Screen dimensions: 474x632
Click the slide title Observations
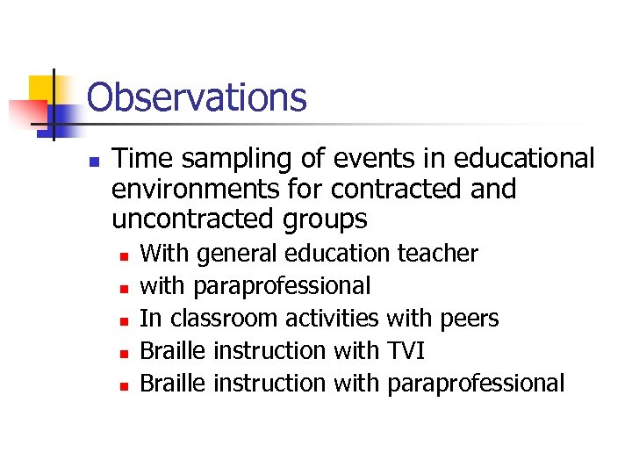(197, 97)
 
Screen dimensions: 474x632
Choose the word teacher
(438, 254)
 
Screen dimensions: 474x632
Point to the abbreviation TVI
(406, 350)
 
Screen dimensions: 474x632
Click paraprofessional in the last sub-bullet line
(475, 384)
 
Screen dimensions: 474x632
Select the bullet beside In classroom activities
(125, 320)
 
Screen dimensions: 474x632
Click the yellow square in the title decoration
(42, 90)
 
